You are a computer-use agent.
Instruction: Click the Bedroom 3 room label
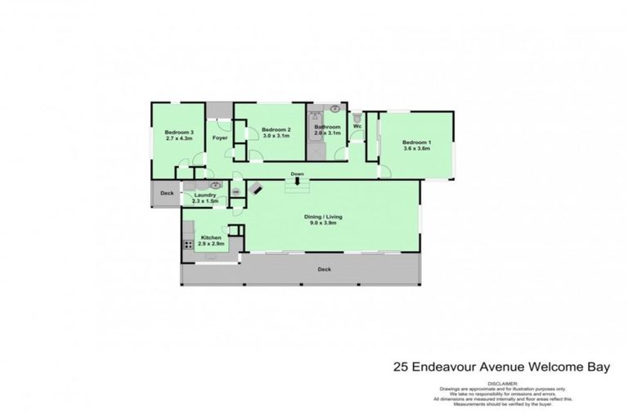(179, 133)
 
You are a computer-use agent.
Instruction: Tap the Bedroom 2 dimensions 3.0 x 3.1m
(276, 137)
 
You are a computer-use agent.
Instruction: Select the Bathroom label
(327, 127)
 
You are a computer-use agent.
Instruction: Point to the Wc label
(357, 126)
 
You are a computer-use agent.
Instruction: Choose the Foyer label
(219, 137)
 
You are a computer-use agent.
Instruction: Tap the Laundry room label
(204, 195)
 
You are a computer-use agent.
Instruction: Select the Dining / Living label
(324, 216)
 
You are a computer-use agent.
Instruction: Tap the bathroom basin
(335, 108)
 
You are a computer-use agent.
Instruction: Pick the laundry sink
(204, 186)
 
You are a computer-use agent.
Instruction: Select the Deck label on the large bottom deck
(324, 268)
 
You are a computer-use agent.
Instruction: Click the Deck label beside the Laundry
(167, 194)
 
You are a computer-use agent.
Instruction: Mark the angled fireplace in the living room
(256, 187)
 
